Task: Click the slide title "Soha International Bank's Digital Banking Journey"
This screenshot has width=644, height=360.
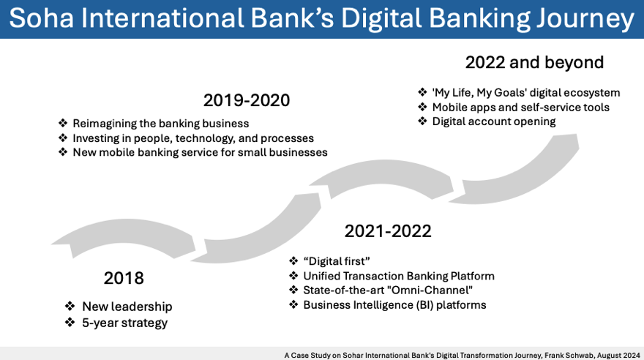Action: [321, 20]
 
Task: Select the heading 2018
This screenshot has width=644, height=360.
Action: [124, 278]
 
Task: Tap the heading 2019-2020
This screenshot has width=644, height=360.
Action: [247, 100]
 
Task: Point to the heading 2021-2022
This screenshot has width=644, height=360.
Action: [388, 231]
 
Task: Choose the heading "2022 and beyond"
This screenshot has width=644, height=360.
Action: [534, 62]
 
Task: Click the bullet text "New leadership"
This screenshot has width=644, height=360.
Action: [127, 306]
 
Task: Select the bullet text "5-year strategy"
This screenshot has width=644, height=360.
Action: [124, 323]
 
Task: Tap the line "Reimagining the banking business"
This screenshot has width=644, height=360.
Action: [160, 123]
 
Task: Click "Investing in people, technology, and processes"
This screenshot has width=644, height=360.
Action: [193, 138]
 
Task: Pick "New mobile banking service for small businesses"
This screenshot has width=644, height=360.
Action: [200, 152]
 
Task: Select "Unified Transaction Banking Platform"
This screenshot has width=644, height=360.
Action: [399, 276]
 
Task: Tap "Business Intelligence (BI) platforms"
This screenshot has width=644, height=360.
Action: [394, 304]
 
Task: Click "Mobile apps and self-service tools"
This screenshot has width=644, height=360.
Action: [520, 107]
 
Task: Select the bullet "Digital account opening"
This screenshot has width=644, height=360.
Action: [494, 121]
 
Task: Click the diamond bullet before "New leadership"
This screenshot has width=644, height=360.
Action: [70, 306]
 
